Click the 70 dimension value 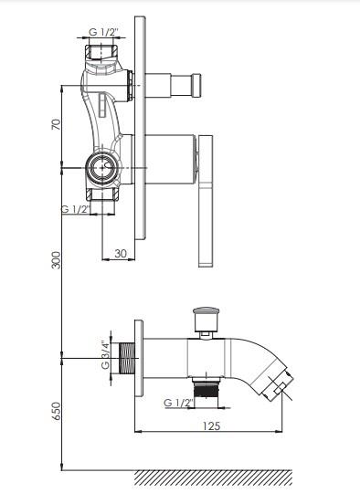point(56,125)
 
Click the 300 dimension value point(56,260)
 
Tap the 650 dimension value point(56,412)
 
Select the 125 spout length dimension point(211,425)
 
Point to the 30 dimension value point(121,253)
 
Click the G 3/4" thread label point(105,354)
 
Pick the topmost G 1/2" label point(104,32)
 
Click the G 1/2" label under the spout point(178,403)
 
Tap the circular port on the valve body point(102,167)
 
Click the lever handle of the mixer point(206,201)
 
